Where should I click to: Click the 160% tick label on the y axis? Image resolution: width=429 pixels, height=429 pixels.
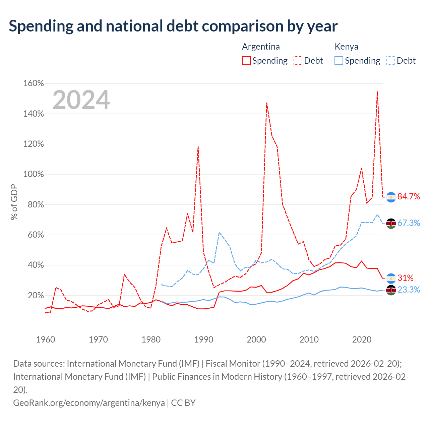click(34, 83)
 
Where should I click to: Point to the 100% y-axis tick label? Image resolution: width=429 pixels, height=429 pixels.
click(34, 174)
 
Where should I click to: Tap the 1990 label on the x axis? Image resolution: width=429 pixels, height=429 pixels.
click(204, 340)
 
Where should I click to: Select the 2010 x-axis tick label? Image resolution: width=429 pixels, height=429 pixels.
click(309, 340)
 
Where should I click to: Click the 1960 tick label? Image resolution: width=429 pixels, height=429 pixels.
click(46, 340)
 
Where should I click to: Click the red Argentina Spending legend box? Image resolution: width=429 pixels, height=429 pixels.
click(246, 61)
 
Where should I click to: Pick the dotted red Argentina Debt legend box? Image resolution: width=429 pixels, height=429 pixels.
click(298, 61)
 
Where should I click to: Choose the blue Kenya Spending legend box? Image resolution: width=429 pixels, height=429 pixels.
click(339, 61)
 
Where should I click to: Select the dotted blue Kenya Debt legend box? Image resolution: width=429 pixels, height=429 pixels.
click(391, 61)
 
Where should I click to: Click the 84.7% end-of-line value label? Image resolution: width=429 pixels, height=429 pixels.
click(409, 197)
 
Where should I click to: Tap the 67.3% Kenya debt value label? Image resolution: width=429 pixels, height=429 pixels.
click(409, 223)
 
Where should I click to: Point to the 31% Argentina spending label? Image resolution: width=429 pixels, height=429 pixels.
click(406, 278)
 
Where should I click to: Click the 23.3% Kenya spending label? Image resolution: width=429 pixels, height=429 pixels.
click(409, 290)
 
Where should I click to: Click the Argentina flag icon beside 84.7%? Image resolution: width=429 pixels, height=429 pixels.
click(391, 197)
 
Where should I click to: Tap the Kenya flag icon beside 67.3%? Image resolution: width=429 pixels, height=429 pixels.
click(391, 224)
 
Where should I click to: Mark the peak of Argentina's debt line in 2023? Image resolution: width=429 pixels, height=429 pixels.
click(377, 91)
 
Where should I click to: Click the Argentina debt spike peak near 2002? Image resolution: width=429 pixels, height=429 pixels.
click(267, 103)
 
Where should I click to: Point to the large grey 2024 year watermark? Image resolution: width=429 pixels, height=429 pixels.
click(81, 100)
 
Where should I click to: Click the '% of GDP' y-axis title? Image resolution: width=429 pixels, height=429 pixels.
click(14, 202)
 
